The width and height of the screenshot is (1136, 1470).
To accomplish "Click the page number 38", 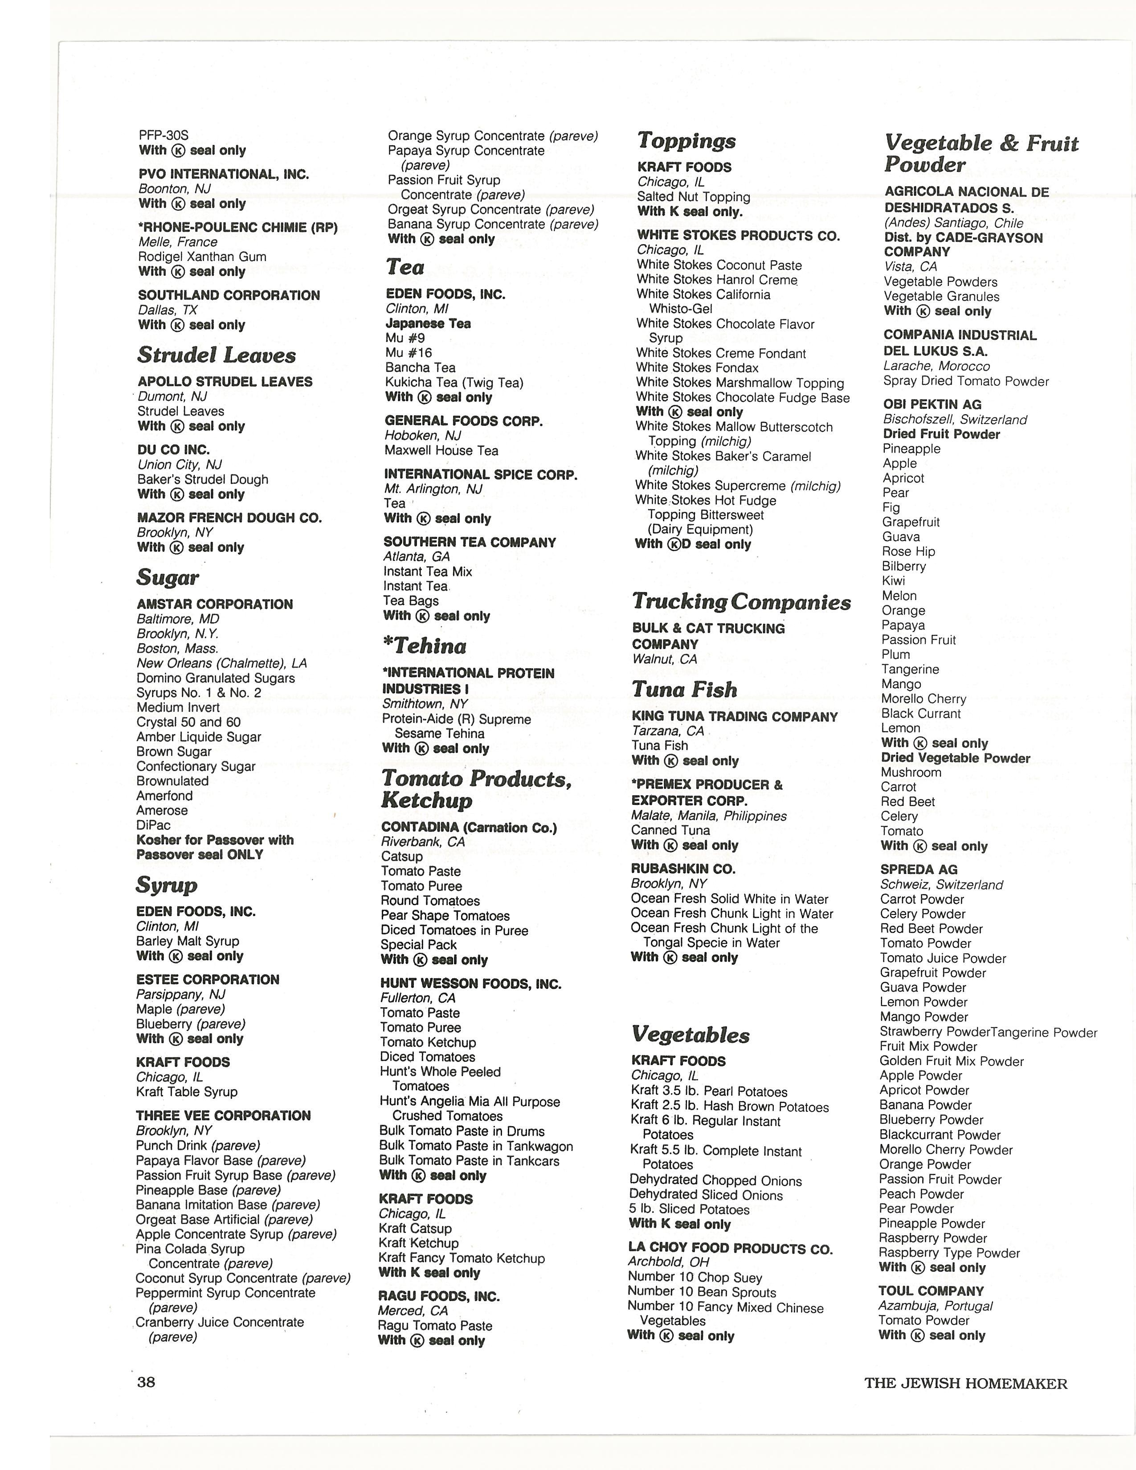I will point(146,1382).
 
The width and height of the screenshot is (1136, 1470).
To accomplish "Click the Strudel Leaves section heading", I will point(216,355).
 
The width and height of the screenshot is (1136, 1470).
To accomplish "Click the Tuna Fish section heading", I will point(684,689).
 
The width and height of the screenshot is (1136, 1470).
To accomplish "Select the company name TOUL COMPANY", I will point(931,1291).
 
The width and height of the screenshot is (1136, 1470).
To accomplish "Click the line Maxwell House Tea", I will point(441,450).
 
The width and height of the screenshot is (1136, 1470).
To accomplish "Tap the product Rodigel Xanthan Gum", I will point(202,257).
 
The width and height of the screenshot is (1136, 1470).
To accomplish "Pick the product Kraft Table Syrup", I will point(186,1092).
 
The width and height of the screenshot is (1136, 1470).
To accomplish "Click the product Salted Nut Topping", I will point(693,196).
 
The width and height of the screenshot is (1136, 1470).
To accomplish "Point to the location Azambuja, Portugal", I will point(935,1306).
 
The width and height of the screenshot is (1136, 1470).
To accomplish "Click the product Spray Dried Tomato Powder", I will point(966,381).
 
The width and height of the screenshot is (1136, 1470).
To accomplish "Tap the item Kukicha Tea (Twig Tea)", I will point(454,382).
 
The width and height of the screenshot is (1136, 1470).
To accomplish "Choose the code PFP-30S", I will point(163,135).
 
